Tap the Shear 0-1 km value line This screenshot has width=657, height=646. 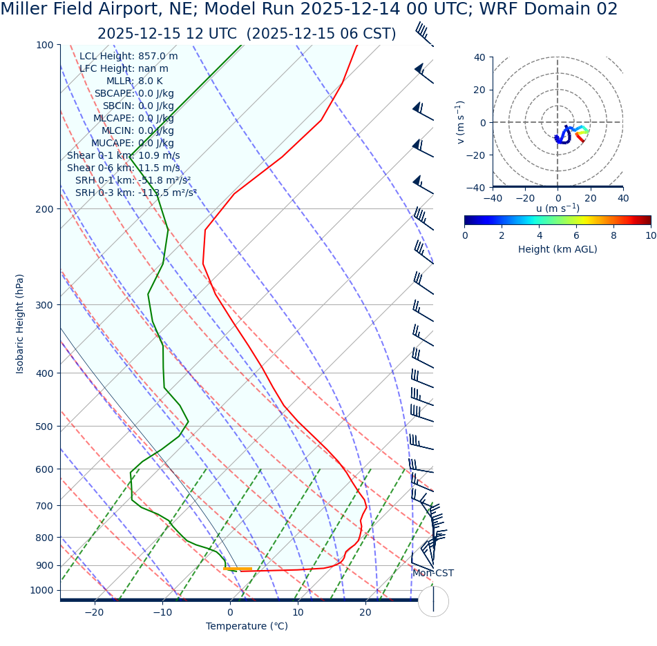tap(123, 155)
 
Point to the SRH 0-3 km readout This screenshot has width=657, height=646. tap(135, 193)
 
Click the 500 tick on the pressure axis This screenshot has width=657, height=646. tap(44, 427)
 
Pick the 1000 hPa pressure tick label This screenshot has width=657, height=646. tap(41, 590)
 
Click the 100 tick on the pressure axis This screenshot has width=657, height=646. tap(44, 45)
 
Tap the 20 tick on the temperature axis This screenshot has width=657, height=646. tap(365, 612)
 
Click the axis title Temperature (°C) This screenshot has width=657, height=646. tap(247, 627)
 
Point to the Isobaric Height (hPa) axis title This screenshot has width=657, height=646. tap(20, 324)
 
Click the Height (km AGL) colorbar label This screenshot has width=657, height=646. tap(558, 249)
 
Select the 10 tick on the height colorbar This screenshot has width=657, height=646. tap(650, 235)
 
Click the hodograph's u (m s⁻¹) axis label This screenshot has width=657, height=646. tap(558, 208)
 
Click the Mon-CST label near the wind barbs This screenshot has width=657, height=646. tap(433, 574)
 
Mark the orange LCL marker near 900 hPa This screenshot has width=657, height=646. tap(238, 569)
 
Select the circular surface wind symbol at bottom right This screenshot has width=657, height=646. tap(433, 601)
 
